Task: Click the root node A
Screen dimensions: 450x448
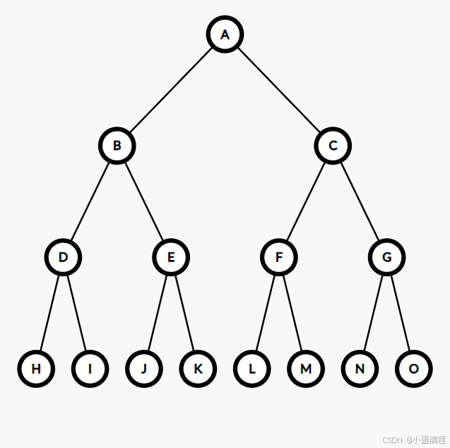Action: click(225, 35)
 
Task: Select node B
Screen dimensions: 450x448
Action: click(117, 146)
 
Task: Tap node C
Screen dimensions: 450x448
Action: click(333, 146)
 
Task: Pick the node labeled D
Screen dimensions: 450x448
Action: click(63, 257)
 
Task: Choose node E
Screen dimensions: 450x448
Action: click(171, 257)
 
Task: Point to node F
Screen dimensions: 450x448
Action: click(279, 257)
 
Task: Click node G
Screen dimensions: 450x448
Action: click(386, 257)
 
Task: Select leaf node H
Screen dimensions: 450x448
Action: click(36, 368)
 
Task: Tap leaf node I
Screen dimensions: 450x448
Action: click(90, 368)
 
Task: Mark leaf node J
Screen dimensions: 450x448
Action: click(144, 368)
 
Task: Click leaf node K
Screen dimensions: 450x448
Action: click(198, 368)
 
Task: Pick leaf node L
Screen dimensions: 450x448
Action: click(251, 368)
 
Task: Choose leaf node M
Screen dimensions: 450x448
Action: click(306, 368)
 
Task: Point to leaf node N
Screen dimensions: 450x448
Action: click(360, 368)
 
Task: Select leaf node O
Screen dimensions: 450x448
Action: click(414, 368)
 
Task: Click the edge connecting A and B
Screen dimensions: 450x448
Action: click(171, 90)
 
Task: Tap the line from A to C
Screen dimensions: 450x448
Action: click(279, 90)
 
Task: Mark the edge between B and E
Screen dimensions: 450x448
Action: click(144, 201)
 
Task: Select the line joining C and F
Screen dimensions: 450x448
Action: click(306, 201)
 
